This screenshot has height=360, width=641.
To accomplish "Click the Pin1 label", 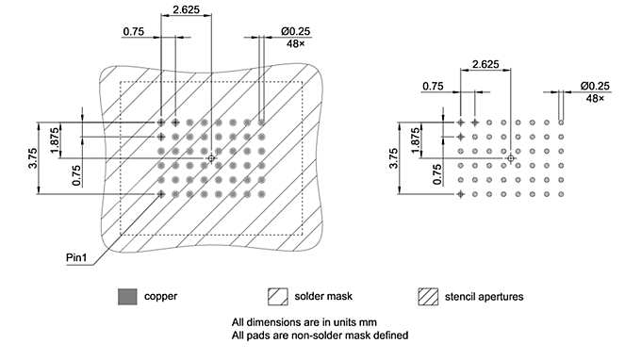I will [x=77, y=256].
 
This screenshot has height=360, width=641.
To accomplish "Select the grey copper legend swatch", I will [x=127, y=296].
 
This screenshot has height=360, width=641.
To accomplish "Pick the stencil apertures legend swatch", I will [x=428, y=296].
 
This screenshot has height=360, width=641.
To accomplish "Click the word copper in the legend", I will [x=160, y=297].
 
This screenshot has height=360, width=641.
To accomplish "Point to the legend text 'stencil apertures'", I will [x=485, y=297].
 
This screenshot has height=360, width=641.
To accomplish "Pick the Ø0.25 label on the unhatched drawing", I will [x=596, y=86].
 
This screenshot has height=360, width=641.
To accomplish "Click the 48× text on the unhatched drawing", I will [x=596, y=98].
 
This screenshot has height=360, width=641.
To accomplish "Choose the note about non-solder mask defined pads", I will [x=320, y=335].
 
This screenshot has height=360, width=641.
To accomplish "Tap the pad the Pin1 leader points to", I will [x=161, y=193].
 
